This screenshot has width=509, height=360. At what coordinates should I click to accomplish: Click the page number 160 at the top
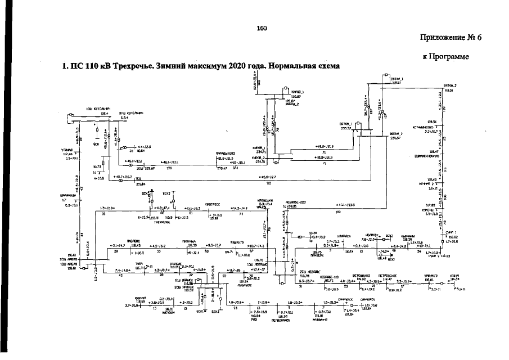coord(261,29)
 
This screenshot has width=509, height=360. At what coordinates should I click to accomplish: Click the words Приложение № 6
coord(451,38)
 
